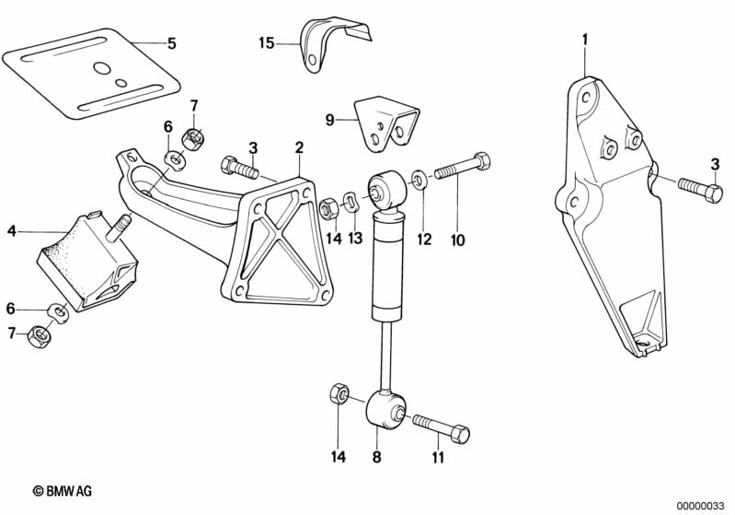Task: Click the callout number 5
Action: [x=171, y=42]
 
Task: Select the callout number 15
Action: [x=266, y=42]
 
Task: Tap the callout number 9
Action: [x=330, y=119]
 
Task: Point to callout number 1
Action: [x=583, y=40]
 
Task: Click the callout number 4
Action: [x=12, y=230]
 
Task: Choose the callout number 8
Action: [x=375, y=455]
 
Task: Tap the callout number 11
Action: [x=438, y=456]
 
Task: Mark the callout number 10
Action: [x=457, y=241]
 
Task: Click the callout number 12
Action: [x=423, y=240]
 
